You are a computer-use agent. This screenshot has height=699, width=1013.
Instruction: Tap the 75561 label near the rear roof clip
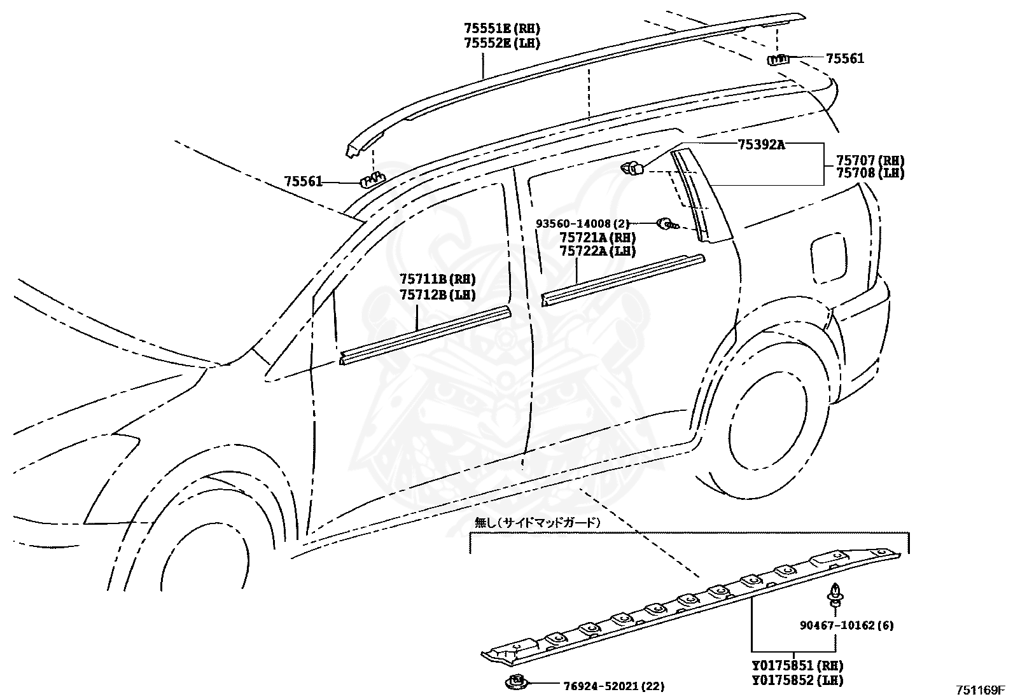tap(845, 59)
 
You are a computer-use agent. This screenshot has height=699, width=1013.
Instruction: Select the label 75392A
tap(761, 144)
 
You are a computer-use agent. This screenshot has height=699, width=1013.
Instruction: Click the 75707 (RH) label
tap(870, 161)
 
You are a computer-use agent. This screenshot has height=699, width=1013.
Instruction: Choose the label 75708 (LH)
tap(870, 173)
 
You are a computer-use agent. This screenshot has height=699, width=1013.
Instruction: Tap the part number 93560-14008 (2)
tap(582, 224)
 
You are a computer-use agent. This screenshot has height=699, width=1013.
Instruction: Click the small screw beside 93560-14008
tap(667, 223)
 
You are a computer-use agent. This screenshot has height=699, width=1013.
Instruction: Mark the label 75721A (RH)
tap(597, 238)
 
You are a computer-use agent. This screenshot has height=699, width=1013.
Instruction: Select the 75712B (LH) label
tap(437, 294)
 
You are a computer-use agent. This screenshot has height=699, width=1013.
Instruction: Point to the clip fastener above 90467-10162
tap(834, 594)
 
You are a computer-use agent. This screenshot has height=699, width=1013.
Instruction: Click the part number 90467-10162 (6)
tap(846, 625)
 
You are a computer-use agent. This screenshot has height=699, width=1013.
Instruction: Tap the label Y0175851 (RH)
tap(797, 666)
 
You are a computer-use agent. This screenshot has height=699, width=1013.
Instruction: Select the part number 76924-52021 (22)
tap(613, 686)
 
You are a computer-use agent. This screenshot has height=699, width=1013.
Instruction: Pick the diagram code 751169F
tap(979, 690)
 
